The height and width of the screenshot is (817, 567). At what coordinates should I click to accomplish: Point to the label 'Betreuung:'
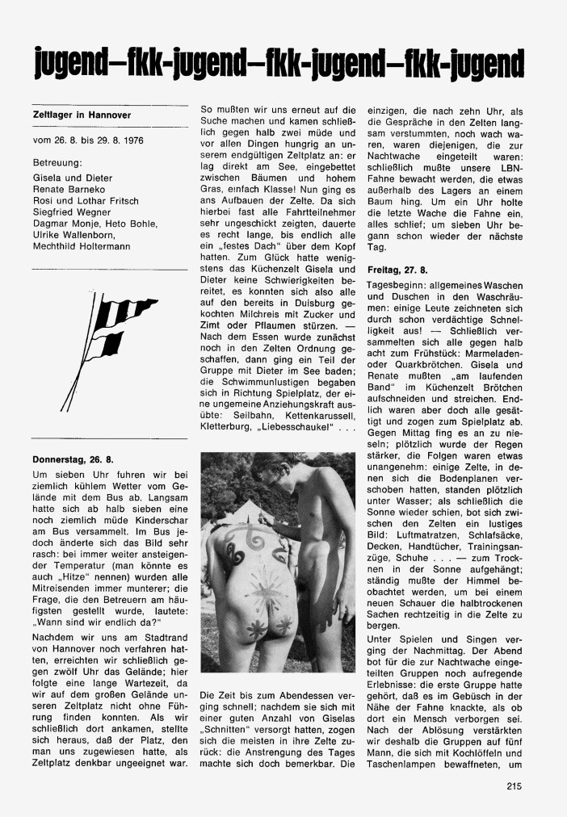(x=57, y=162)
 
